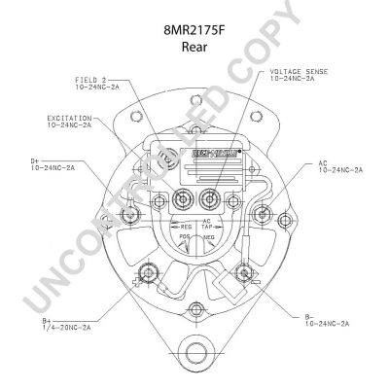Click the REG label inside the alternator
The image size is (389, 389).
pyautogui.click(x=185, y=226)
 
